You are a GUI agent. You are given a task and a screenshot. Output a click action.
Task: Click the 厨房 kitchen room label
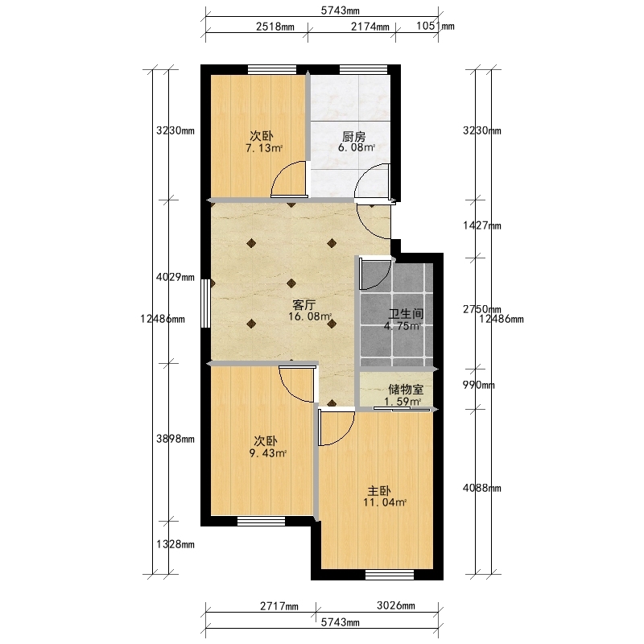pos(353,136)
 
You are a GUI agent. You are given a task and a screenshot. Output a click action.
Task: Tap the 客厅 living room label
pos(304,305)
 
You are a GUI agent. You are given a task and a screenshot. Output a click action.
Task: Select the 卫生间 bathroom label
pos(406,314)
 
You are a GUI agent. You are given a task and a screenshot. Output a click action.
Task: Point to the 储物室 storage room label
pos(406,389)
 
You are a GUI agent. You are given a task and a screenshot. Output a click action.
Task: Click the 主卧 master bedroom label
pos(378,490)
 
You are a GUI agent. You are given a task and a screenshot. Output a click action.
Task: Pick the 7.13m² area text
pos(264,148)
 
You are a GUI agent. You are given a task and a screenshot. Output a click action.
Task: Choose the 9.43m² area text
pos(268,453)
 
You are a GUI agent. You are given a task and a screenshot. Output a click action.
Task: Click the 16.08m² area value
pos(310,316)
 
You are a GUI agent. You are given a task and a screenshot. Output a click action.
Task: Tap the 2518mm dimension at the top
pos(275,27)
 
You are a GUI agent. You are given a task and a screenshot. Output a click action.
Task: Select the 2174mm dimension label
pos(370,27)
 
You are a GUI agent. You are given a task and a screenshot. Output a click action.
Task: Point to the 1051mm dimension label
pos(436,26)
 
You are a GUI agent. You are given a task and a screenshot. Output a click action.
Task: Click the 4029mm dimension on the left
pos(175,277)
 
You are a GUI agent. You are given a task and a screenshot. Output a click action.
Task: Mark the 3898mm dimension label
pos(175,439)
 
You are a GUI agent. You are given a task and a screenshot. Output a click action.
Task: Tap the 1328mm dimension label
pos(175,544)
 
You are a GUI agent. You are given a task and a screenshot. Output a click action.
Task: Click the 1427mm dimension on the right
pos(482,225)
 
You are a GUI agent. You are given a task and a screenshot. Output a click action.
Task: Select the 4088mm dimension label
pos(482,488)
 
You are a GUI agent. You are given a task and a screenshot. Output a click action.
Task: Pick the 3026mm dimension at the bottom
pos(396,605)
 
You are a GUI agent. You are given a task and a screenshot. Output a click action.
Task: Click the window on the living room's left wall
pos(205,303)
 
